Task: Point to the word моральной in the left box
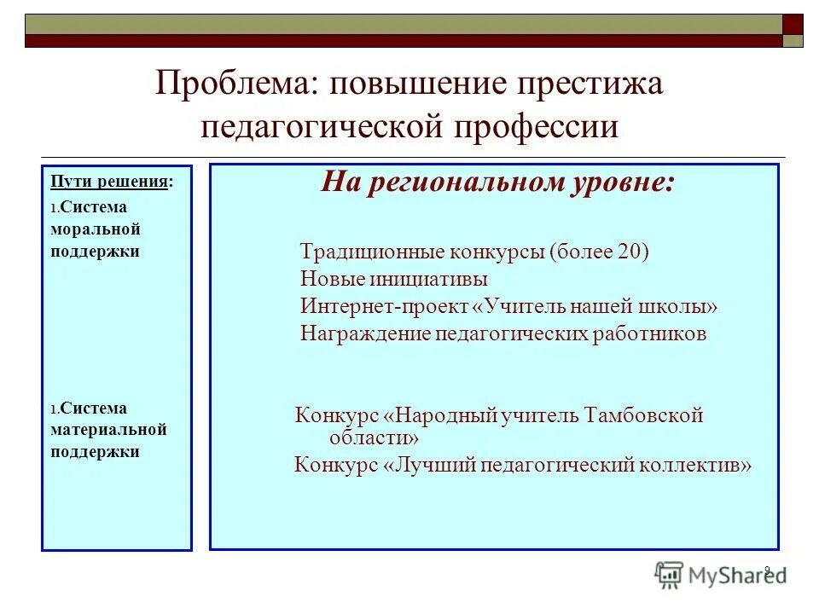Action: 95,229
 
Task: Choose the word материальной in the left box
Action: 107,430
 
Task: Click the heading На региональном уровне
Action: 497,182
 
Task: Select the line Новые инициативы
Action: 394,279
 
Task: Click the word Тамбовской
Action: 644,415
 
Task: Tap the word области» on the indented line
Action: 375,437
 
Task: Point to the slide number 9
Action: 766,571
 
